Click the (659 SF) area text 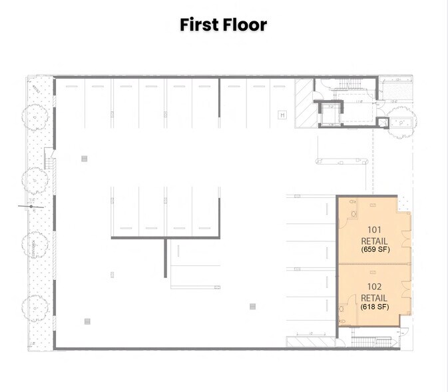coord(375,249)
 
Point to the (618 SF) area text coord(375,307)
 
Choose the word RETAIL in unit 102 coord(375,298)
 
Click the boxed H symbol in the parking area coord(282,115)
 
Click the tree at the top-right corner coord(404,122)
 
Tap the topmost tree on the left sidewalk coord(35,115)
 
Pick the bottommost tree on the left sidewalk coord(35,308)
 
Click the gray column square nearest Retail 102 coord(252,307)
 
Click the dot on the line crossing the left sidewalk coord(31,206)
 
